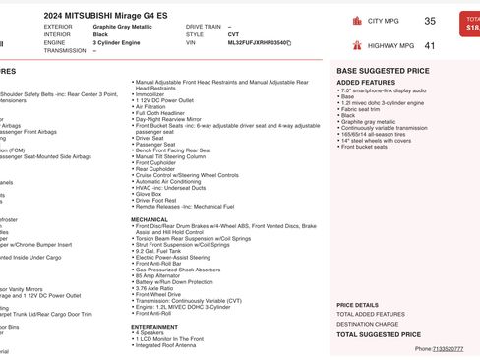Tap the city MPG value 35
[x=430, y=21]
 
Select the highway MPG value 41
[x=430, y=46]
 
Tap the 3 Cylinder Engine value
[x=120, y=43]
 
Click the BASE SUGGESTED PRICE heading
[x=383, y=71]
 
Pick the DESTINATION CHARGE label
[x=368, y=324]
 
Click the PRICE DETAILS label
[x=357, y=305]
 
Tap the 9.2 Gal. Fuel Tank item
[x=162, y=250]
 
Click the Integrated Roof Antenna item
[x=166, y=345]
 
